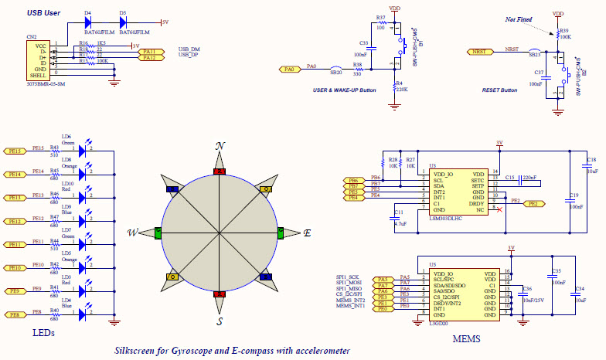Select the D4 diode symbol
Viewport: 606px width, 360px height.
[88, 22]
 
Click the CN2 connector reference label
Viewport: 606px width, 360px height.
[31, 36]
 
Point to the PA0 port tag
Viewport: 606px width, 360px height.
[290, 70]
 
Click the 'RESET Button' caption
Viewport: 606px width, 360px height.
[499, 90]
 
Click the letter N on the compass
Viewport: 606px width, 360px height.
[220, 146]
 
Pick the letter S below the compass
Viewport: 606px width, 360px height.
[220, 320]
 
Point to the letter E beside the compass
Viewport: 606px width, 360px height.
[307, 233]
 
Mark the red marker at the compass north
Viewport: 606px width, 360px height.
[220, 171]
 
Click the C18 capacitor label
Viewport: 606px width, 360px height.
[591, 160]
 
